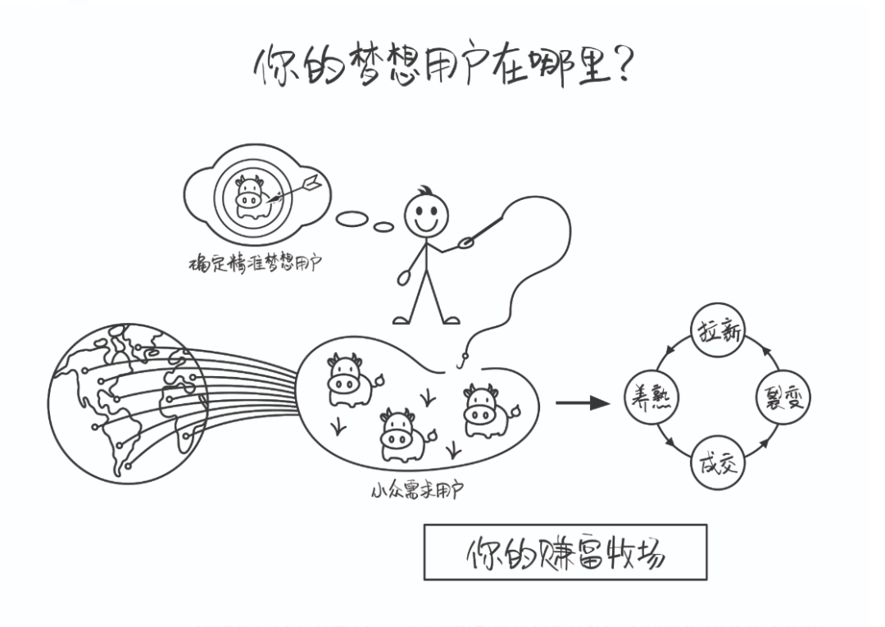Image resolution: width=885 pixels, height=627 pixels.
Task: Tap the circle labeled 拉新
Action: tap(717, 331)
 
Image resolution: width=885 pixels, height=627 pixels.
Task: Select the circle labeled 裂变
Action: tap(783, 398)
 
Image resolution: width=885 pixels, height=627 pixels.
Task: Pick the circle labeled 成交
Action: tap(717, 463)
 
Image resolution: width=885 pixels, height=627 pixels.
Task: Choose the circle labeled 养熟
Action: tap(651, 398)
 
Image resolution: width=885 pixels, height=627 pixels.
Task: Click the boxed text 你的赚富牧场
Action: tap(565, 552)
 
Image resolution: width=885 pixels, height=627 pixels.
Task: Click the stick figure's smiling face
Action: tap(426, 215)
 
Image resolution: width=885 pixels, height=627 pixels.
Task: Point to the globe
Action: tap(127, 401)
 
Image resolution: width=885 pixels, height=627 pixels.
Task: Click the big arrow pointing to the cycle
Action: tap(583, 402)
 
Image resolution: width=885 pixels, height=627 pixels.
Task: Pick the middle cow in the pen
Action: tap(402, 434)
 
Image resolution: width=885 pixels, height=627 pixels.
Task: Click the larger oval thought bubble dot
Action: tap(352, 217)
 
